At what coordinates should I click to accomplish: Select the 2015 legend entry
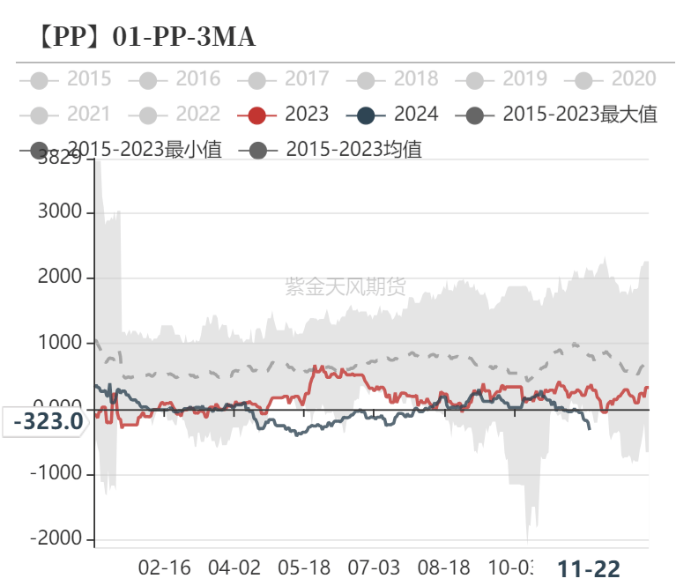click(x=70, y=79)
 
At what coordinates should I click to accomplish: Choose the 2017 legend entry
click(x=287, y=79)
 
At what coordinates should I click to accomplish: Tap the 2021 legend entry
click(x=70, y=114)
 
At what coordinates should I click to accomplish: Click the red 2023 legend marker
click(x=257, y=115)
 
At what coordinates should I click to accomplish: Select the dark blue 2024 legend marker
click(x=367, y=115)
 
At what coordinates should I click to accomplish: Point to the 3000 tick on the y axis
click(x=60, y=212)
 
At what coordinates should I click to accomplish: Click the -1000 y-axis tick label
click(x=56, y=473)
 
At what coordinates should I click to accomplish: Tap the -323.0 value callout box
click(x=48, y=421)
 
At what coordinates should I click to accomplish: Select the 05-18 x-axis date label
click(x=304, y=567)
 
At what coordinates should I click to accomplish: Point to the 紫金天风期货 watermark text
click(x=345, y=286)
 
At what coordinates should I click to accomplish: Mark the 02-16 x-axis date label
click(x=165, y=567)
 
